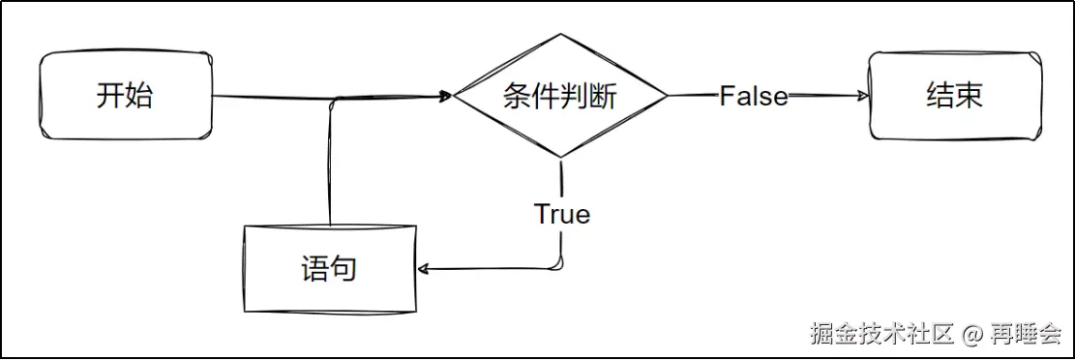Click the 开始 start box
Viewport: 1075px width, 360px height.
tap(126, 96)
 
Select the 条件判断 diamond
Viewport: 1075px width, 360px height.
tap(560, 96)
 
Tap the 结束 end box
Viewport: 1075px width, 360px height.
tap(954, 96)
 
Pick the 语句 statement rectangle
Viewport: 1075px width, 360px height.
tap(329, 268)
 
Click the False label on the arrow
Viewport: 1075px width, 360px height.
tap(753, 96)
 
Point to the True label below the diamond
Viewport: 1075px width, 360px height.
tap(561, 214)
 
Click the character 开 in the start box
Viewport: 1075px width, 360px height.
tap(110, 96)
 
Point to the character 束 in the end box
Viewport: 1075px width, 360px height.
tap(969, 96)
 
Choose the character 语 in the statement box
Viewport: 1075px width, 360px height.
tap(314, 268)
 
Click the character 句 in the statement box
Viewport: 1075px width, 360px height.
tap(343, 268)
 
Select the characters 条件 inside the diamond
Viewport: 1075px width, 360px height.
tap(531, 96)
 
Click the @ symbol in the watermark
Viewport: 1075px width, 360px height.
tap(972, 335)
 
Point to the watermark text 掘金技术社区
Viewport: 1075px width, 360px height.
tap(882, 335)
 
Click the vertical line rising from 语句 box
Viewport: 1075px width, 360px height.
tap(331, 165)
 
